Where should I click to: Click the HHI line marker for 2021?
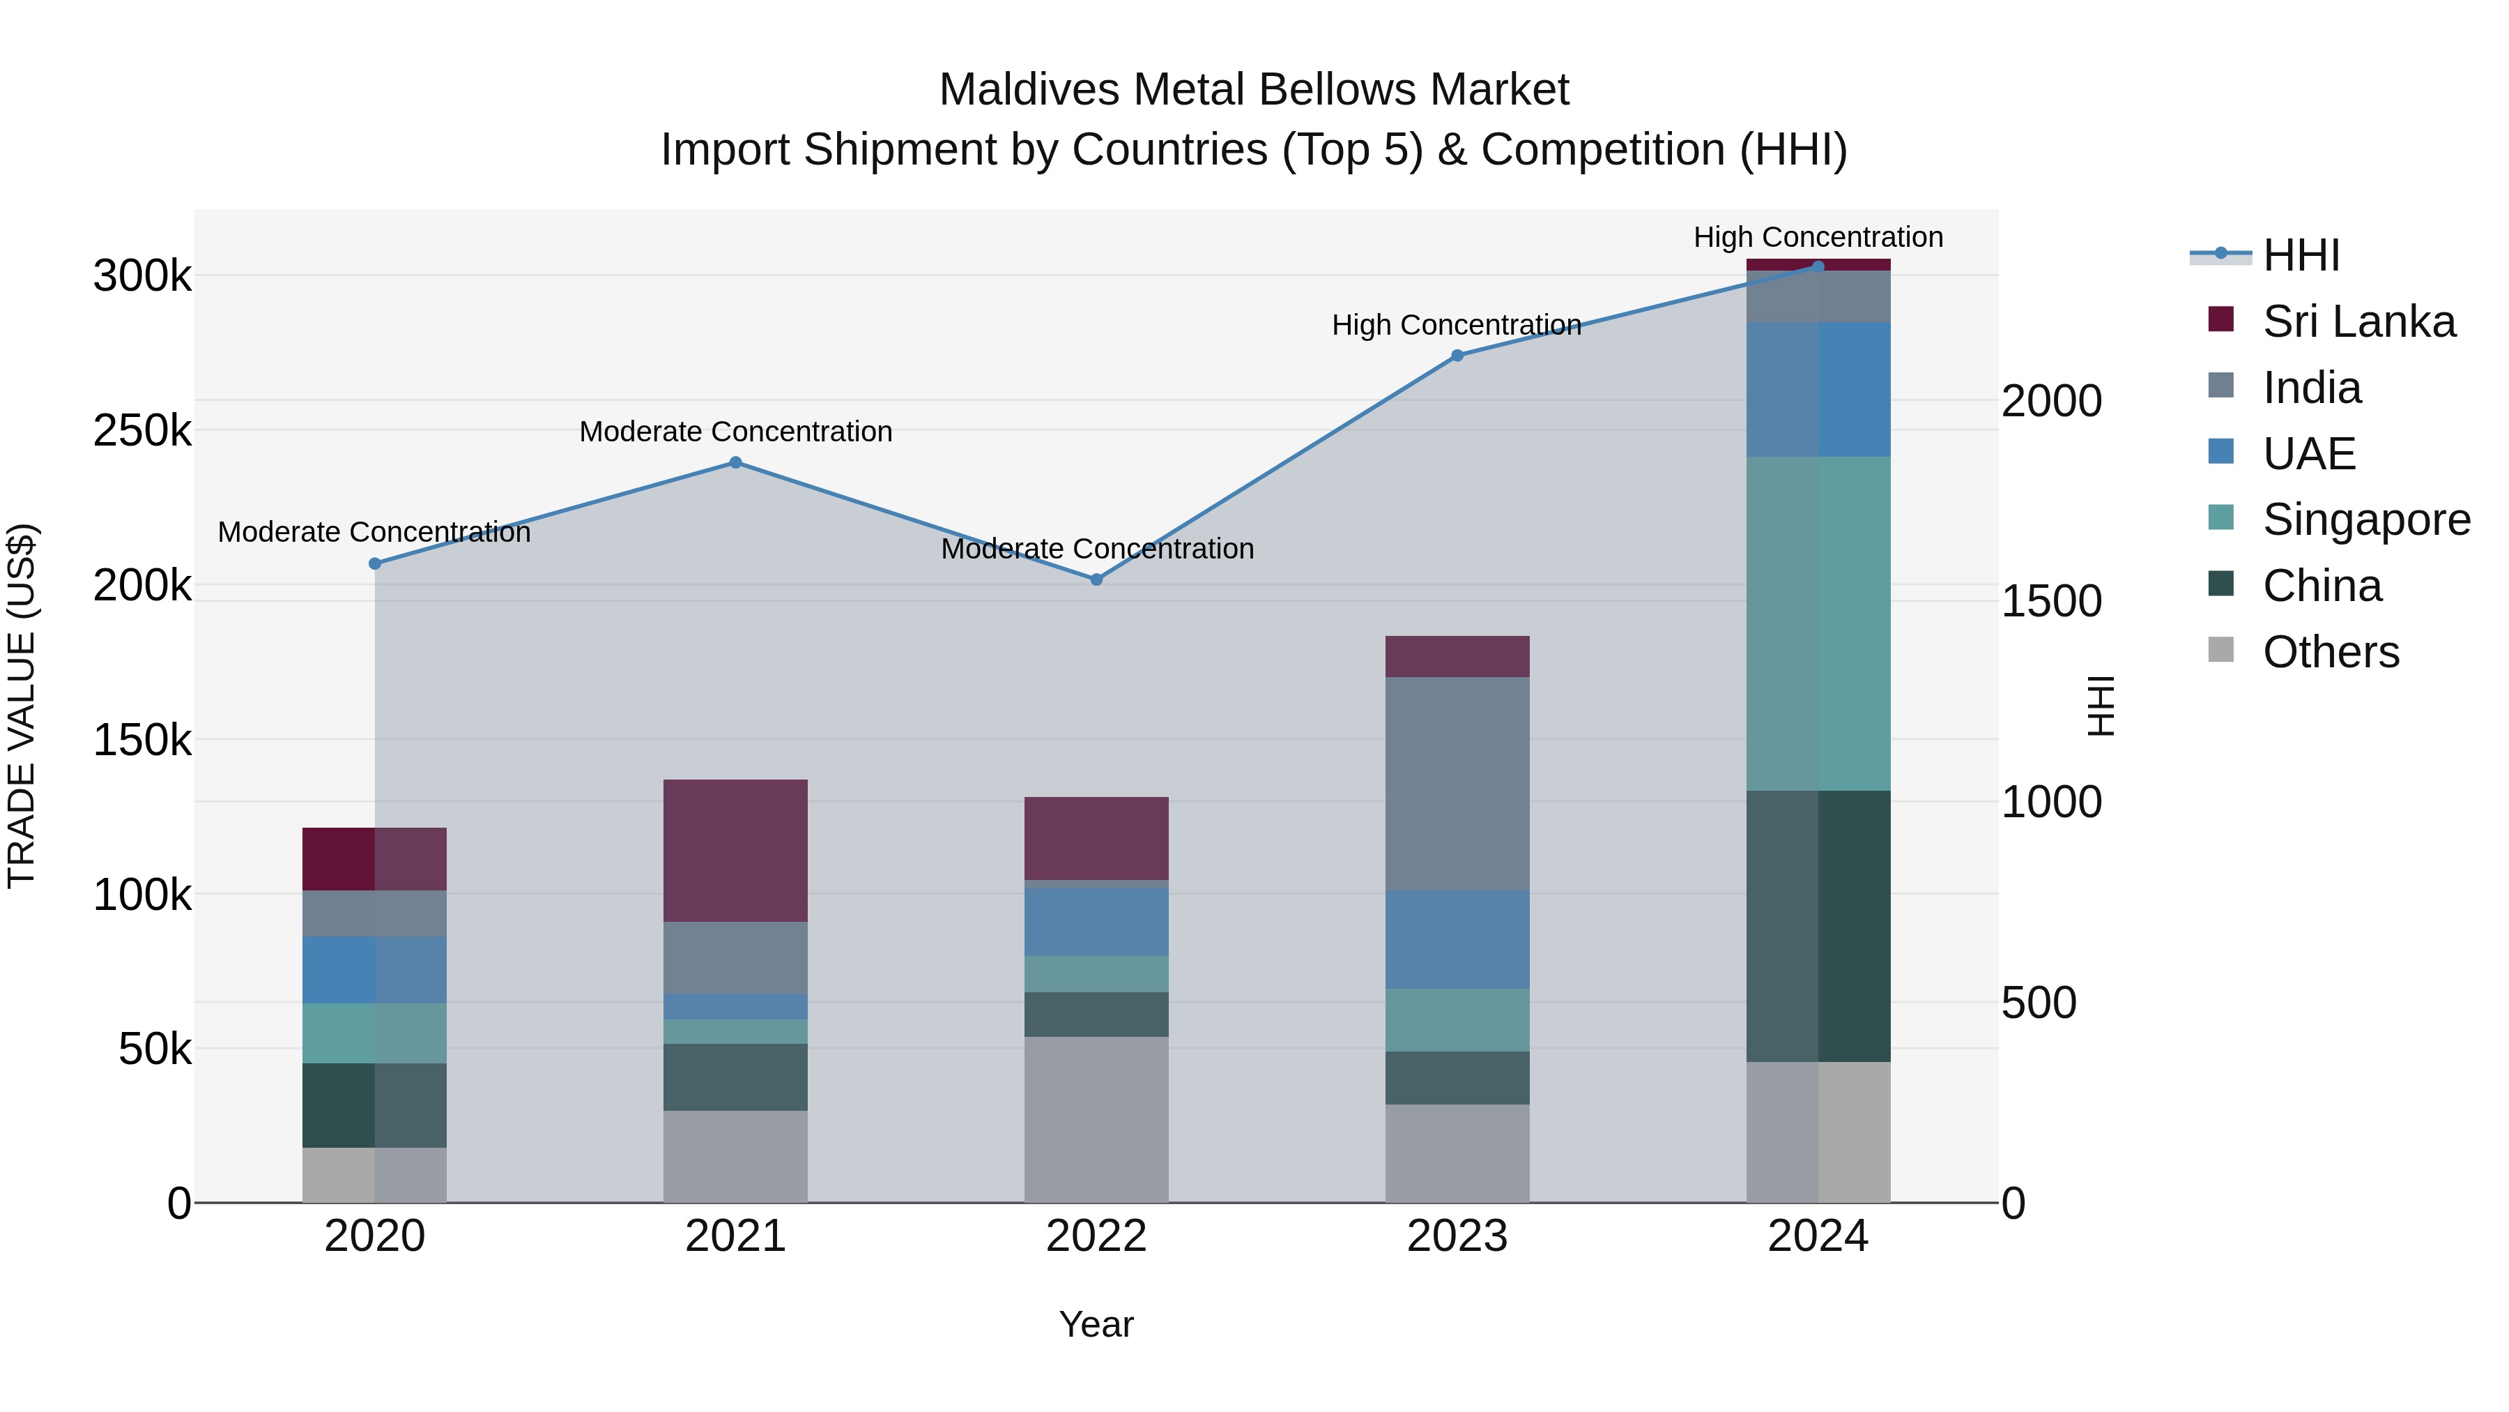[x=735, y=463]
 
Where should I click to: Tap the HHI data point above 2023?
[x=1457, y=356]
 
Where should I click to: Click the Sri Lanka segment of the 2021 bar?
[x=735, y=850]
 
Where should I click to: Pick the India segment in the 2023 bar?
[x=1457, y=784]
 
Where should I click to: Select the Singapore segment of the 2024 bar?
[x=1818, y=623]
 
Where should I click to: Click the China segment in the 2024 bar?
[x=1818, y=926]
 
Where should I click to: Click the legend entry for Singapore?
[x=2366, y=519]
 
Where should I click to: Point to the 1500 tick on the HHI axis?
[x=2050, y=601]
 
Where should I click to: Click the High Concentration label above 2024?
[x=1818, y=237]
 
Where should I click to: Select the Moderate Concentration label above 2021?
[x=735, y=432]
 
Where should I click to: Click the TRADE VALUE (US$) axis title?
[x=22, y=706]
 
